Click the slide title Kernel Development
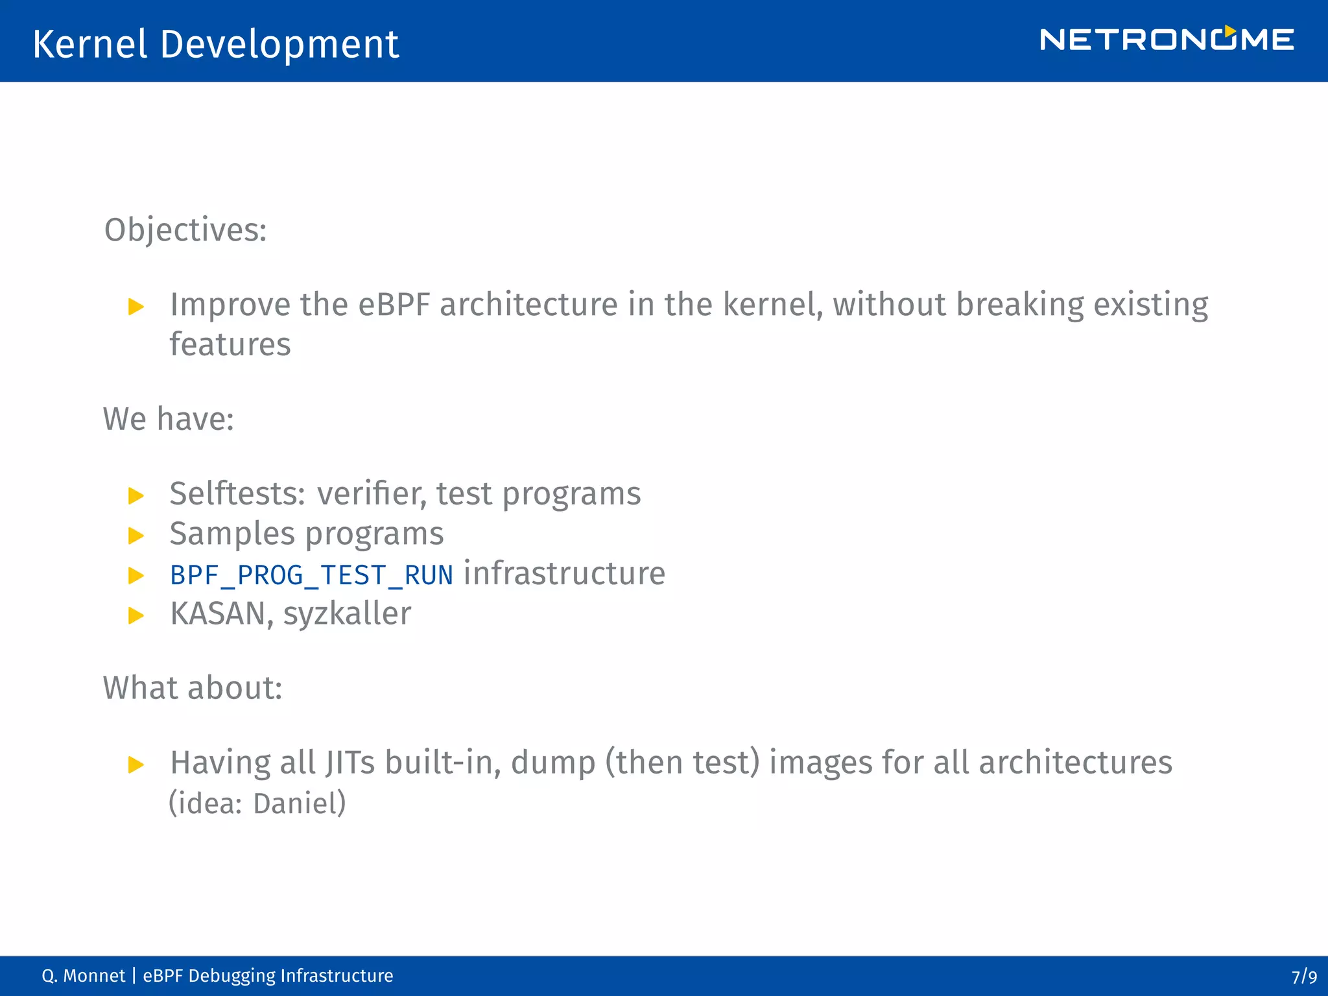tap(215, 44)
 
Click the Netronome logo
tap(1166, 40)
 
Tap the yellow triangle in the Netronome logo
tap(1229, 31)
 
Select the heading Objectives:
tap(185, 230)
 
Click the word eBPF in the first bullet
tap(394, 305)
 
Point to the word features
tap(230, 344)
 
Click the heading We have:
tap(169, 419)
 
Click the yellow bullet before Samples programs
tap(136, 536)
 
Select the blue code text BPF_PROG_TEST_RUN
tap(311, 575)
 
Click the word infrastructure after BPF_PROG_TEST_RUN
tap(564, 574)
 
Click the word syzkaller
tap(347, 614)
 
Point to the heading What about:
tap(193, 688)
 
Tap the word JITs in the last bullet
tap(350, 763)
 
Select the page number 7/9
tap(1303, 977)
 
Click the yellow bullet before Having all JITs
tap(136, 765)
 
